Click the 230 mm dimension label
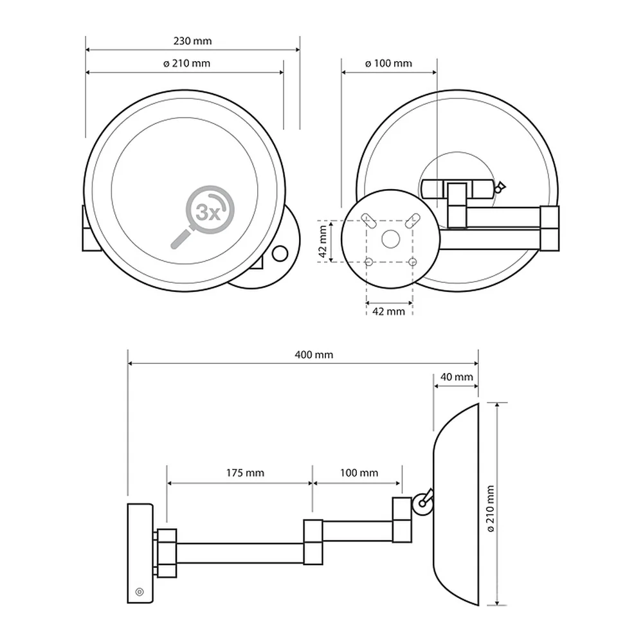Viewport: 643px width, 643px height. tap(192, 41)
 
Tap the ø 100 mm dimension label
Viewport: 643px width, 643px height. tap(388, 64)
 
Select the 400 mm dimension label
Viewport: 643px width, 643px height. tap(314, 355)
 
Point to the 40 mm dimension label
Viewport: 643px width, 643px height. tap(457, 377)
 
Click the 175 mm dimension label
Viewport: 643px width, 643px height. tap(245, 473)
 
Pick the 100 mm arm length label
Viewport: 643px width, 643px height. tap(359, 473)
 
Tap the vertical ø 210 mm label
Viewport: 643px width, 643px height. tap(491, 509)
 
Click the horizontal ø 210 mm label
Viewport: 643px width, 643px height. tap(186, 64)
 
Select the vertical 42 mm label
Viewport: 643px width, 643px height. tap(323, 242)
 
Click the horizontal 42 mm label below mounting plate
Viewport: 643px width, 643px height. tap(388, 312)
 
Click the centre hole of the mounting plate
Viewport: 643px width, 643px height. tap(390, 239)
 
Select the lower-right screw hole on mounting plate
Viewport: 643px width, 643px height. tap(413, 261)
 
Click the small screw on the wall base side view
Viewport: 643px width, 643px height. tap(140, 592)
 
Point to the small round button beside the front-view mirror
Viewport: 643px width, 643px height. tap(280, 254)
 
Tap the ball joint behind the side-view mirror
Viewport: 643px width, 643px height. tap(422, 504)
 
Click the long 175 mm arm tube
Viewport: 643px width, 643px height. tap(240, 553)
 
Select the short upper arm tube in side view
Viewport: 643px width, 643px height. tap(357, 531)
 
